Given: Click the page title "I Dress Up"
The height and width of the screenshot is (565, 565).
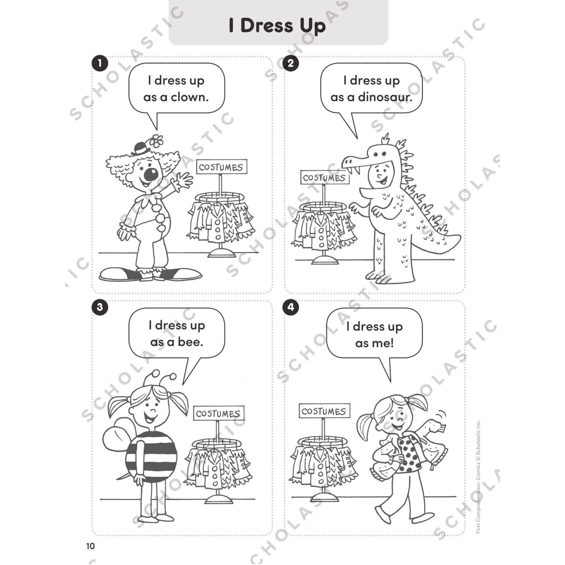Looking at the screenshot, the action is pos(277,26).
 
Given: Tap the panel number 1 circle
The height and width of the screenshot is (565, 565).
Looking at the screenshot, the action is pos(100,63).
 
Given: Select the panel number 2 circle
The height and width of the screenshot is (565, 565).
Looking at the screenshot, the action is pos(290,63).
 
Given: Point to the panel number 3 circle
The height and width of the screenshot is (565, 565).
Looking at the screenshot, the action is pos(100,307).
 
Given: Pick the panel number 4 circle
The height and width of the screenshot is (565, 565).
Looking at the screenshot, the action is pos(290,307).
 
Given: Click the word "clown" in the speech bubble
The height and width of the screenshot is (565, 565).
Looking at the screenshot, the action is pos(189,97).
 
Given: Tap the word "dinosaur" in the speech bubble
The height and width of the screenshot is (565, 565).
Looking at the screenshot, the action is pos(385,97).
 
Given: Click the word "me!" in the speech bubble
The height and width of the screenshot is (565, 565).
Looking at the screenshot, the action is pos(375,343).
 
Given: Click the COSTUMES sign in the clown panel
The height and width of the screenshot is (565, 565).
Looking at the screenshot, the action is pos(221,167).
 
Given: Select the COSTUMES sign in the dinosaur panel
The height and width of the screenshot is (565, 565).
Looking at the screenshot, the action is pos(325,178).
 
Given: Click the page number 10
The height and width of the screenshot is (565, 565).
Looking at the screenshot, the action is pos(90,546).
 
